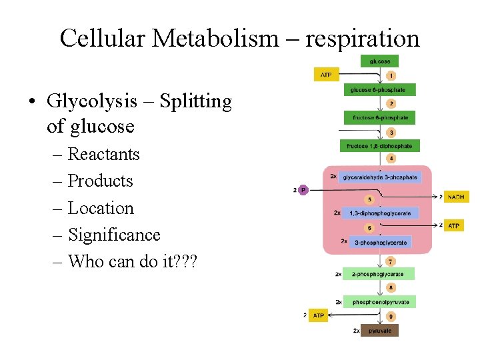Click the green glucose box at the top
tap(380, 61)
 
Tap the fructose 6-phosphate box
tap(380, 117)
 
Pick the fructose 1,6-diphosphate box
tap(379, 146)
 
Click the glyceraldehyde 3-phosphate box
tap(379, 177)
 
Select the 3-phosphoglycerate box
tap(380, 243)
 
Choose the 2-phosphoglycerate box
tap(379, 273)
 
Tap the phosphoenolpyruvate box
tap(380, 301)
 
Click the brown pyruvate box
tap(379, 330)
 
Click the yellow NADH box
tap(456, 197)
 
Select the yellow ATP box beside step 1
tap(326, 75)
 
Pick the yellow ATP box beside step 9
tap(319, 315)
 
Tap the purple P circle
tap(303, 191)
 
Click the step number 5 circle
tap(369, 199)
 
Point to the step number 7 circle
tap(391, 261)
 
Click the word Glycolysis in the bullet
tap(90, 102)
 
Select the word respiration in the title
tap(363, 38)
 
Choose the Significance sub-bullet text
tap(114, 235)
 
